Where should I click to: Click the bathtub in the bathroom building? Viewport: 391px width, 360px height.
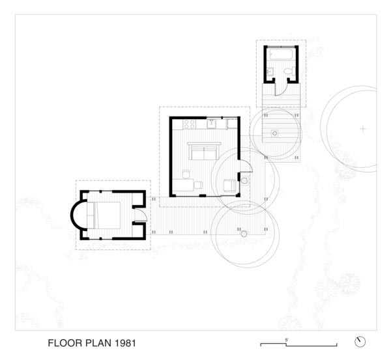(281, 55)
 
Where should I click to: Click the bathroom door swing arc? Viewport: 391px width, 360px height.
(281, 89)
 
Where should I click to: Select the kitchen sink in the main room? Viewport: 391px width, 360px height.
(212, 122)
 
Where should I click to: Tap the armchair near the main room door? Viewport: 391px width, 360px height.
(229, 185)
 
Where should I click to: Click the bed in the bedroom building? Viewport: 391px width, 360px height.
(104, 215)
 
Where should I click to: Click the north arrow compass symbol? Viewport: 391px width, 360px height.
(359, 341)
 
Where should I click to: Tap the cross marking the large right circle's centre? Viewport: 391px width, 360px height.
(363, 129)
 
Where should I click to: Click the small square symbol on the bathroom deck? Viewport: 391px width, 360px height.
(275, 133)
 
